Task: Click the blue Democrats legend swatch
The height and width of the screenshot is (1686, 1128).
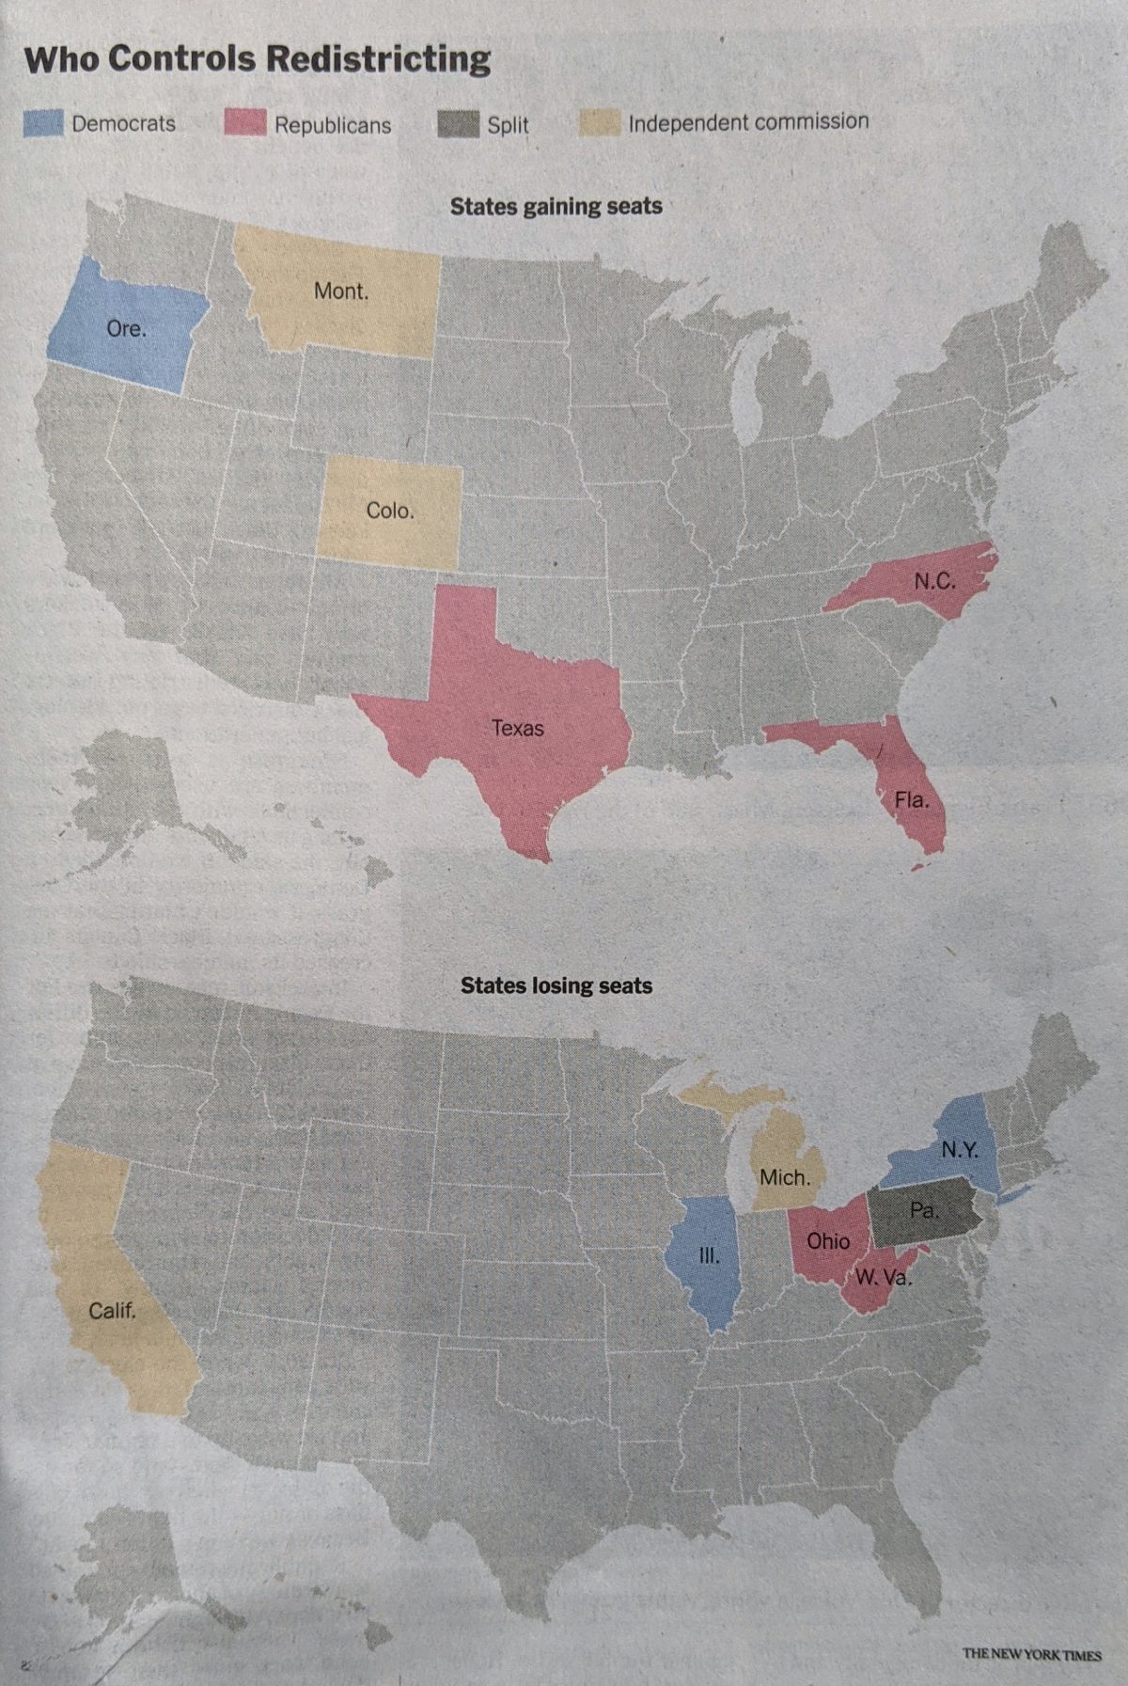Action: click(43, 123)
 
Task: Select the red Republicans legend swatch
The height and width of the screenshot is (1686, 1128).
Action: click(244, 123)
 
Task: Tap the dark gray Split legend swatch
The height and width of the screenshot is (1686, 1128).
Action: click(459, 124)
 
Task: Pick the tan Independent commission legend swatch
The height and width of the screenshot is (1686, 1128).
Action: click(599, 122)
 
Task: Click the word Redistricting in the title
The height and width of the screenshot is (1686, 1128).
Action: click(377, 59)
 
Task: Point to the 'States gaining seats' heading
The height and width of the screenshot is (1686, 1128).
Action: click(556, 206)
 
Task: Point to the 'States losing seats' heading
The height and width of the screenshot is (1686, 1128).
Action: click(556, 985)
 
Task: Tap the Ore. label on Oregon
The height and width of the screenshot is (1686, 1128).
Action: click(126, 329)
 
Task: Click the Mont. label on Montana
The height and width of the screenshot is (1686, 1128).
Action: click(340, 292)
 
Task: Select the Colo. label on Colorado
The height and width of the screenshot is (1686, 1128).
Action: click(389, 511)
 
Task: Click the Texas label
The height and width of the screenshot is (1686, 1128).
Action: click(517, 728)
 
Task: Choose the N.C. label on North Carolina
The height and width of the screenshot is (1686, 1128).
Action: click(934, 581)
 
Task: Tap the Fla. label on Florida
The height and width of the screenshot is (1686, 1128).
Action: click(911, 800)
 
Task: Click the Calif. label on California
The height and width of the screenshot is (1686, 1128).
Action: click(112, 1310)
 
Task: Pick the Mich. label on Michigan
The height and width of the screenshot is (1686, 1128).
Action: click(784, 1176)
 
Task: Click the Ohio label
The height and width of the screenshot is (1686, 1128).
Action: click(827, 1241)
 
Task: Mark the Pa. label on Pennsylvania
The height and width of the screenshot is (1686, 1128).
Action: click(923, 1210)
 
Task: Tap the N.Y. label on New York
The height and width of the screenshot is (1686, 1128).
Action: click(960, 1149)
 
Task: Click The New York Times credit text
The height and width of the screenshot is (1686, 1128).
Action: click(1031, 1653)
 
